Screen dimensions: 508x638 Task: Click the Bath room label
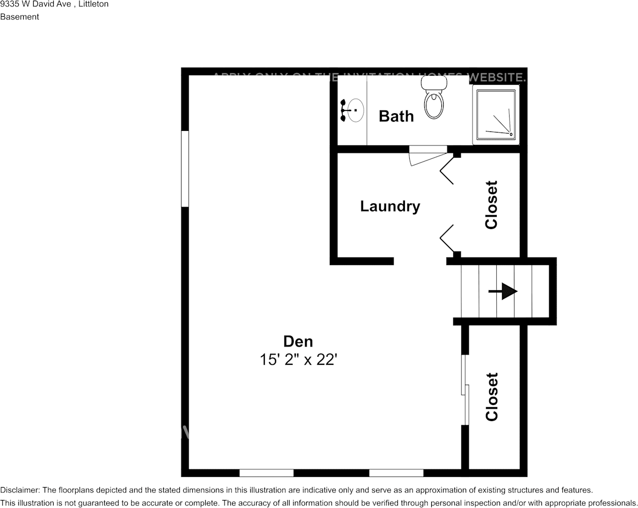tap(396, 116)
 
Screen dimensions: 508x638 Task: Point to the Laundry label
tap(390, 206)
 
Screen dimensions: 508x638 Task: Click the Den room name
tap(298, 341)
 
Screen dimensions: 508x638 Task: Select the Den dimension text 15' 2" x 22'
tap(298, 360)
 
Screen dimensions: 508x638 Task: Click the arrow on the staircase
tap(503, 291)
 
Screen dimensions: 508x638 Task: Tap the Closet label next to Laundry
tap(491, 205)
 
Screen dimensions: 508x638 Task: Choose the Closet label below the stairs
tap(491, 396)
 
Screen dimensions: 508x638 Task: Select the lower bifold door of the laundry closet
tap(448, 238)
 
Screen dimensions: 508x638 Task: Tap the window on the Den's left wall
tap(185, 168)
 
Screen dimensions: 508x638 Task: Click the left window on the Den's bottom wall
tap(266, 473)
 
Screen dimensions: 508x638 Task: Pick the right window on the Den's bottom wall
tap(396, 473)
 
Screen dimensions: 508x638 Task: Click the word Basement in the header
tap(19, 17)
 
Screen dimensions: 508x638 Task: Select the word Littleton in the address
tap(93, 4)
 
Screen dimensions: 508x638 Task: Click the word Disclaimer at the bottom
tap(19, 490)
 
